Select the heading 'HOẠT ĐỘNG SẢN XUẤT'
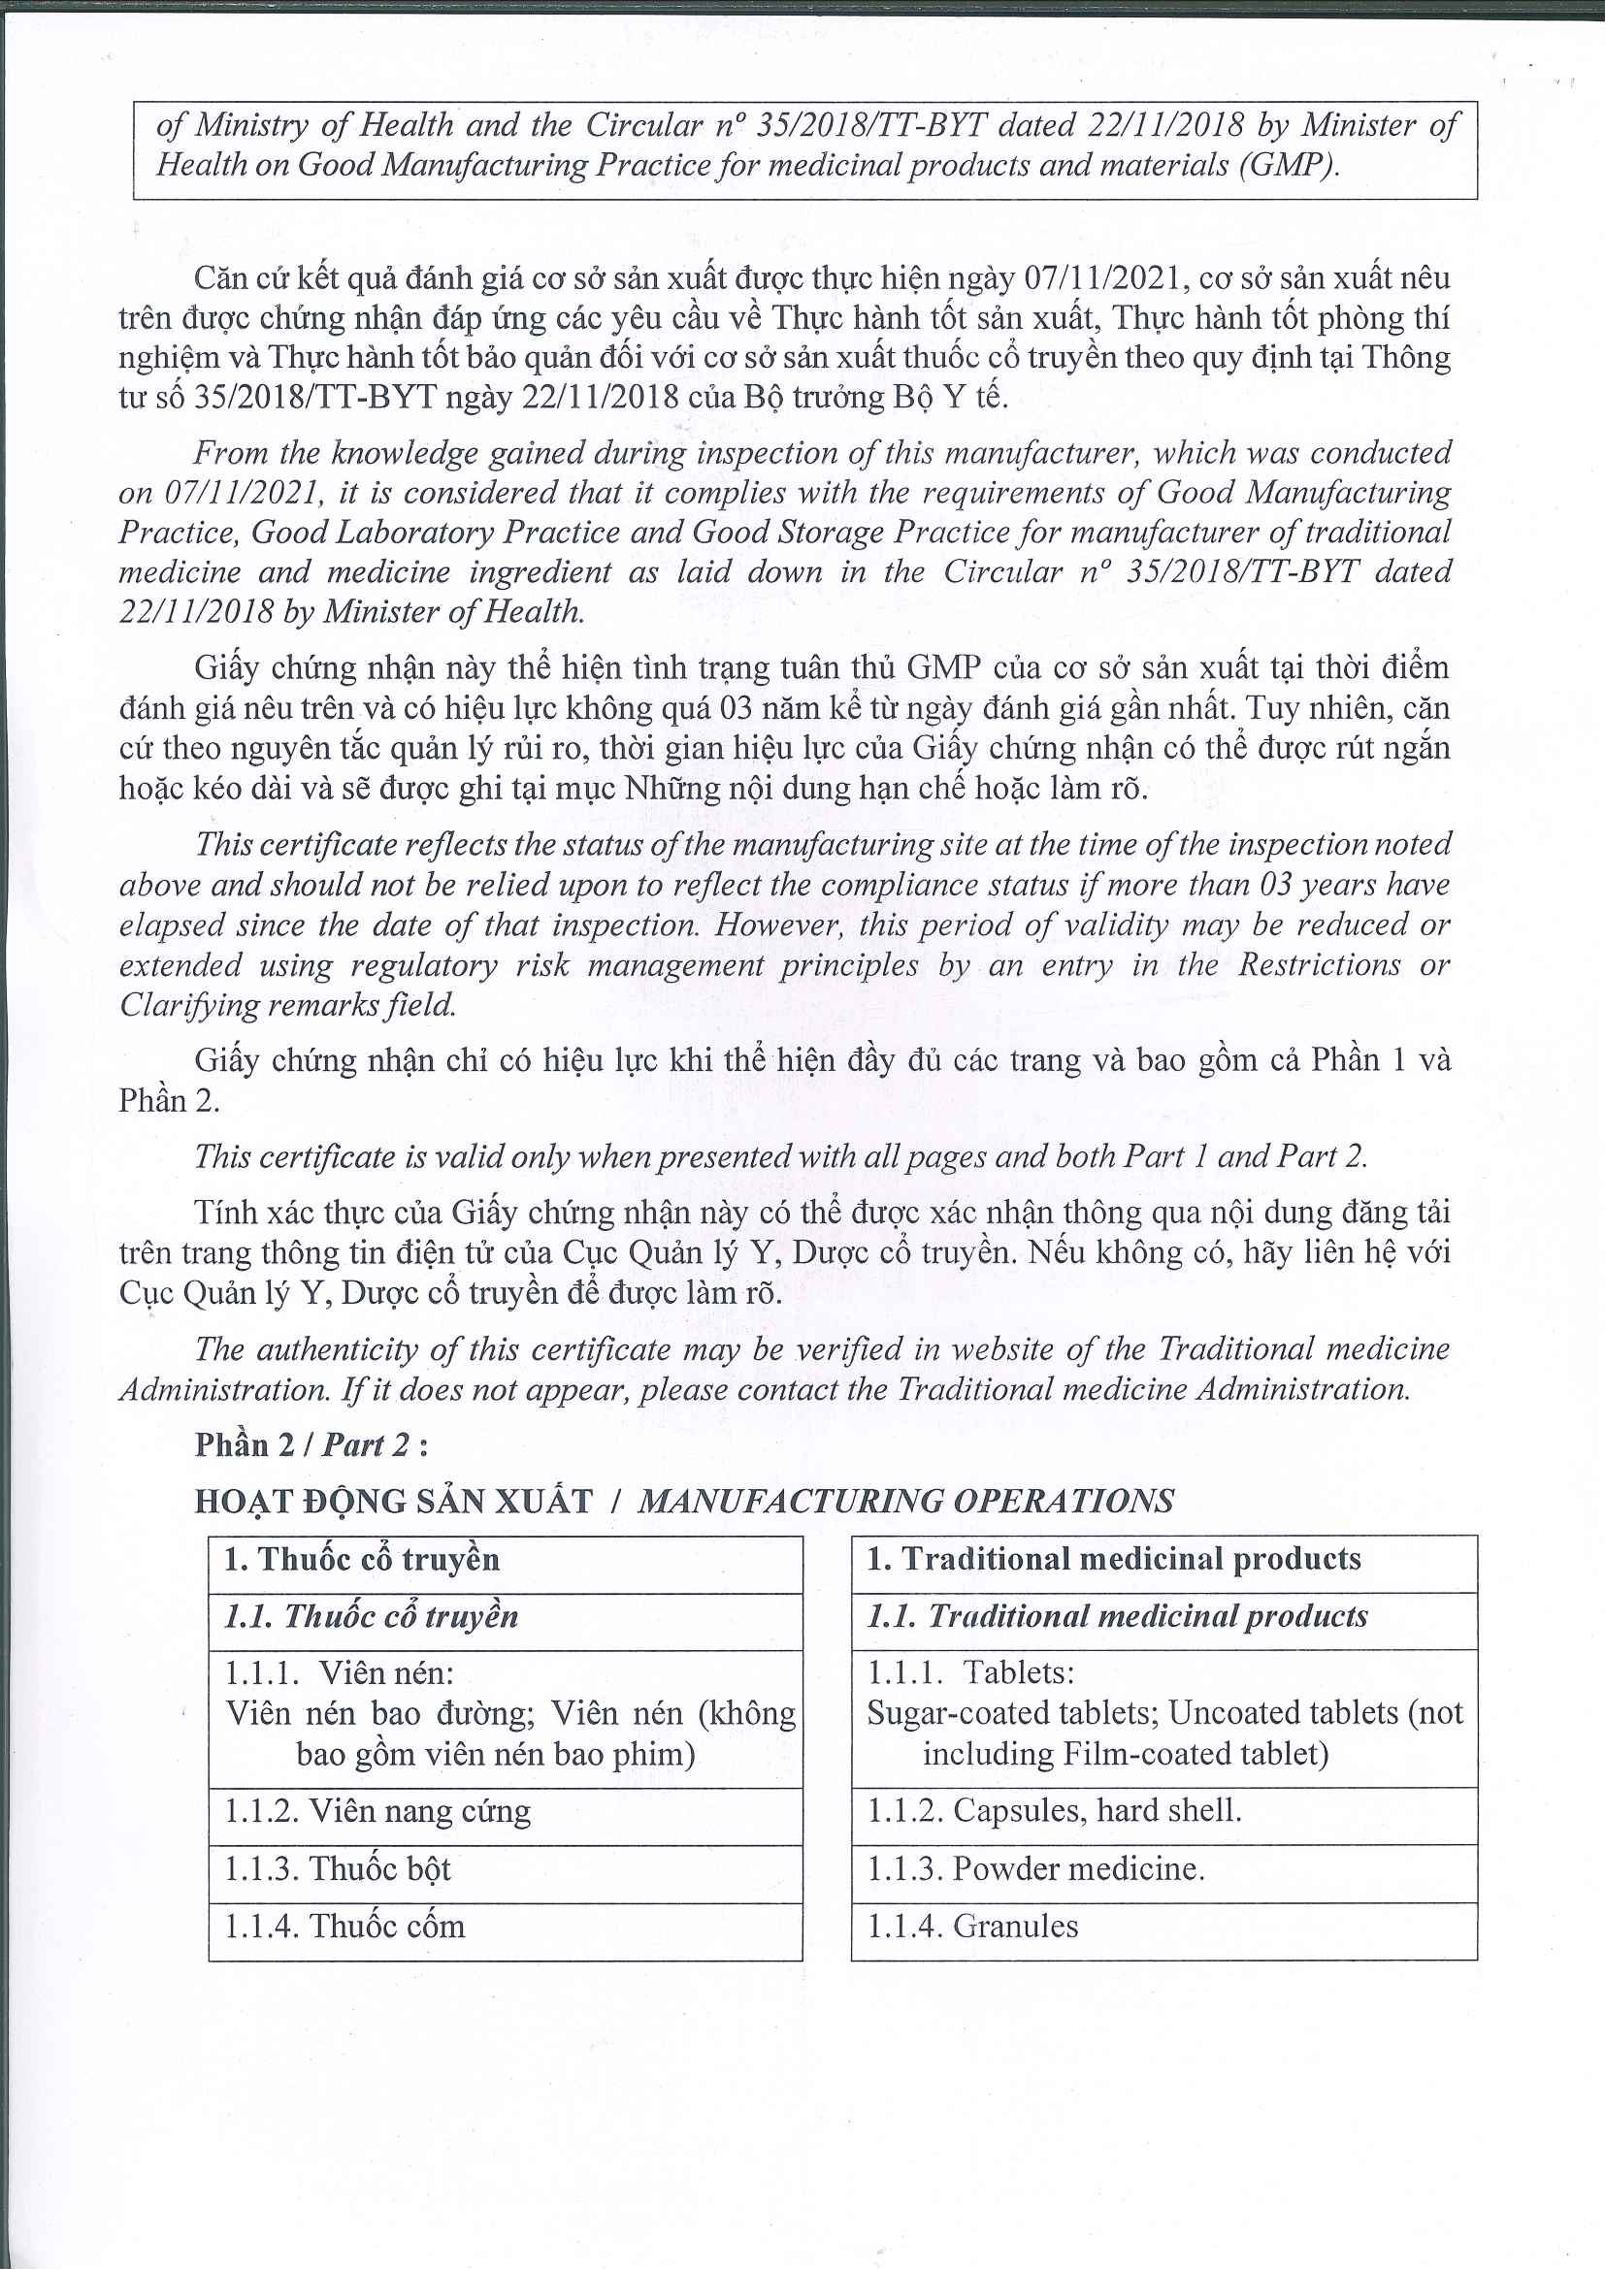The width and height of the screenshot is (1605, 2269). [393, 1501]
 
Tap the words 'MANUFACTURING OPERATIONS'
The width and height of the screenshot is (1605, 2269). [905, 1501]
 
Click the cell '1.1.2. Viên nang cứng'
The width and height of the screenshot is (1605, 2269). [377, 1810]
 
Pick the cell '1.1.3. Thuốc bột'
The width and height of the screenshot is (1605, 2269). [337, 1868]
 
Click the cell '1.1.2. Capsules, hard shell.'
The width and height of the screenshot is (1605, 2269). [1055, 1810]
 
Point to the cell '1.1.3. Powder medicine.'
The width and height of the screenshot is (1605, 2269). [1035, 1868]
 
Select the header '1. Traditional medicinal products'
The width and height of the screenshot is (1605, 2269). [1114, 1560]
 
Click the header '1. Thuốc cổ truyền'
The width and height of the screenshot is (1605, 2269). [362, 1560]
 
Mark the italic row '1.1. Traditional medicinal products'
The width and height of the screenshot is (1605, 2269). [1117, 1617]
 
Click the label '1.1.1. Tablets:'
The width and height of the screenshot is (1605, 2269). [970, 1673]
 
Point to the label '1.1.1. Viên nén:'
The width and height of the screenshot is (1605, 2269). [339, 1674]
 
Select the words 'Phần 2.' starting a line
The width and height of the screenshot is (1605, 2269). [169, 1101]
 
